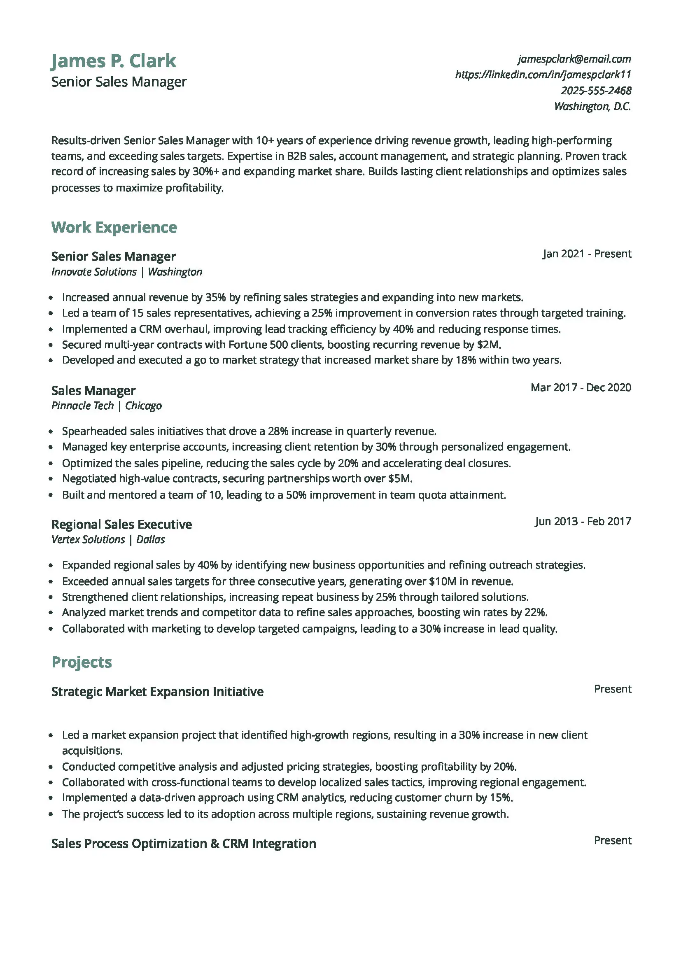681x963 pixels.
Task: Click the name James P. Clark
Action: [114, 61]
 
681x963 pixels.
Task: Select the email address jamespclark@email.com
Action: [574, 59]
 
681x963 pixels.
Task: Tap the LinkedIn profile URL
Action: [543, 75]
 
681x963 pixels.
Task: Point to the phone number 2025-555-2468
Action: [596, 91]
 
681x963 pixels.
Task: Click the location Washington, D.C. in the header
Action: [592, 107]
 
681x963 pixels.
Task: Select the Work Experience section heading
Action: [114, 227]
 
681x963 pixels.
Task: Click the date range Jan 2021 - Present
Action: [587, 254]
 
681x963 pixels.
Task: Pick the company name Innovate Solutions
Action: [94, 272]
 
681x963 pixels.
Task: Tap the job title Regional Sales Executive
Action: [121, 524]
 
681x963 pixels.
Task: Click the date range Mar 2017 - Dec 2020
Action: [581, 387]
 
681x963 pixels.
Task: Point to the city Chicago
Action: [143, 406]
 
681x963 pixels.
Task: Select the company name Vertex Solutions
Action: [88, 540]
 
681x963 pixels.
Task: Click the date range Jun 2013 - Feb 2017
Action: [583, 521]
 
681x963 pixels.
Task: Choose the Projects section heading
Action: [82, 662]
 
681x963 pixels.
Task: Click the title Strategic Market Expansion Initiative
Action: [157, 692]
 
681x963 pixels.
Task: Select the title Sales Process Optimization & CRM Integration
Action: [184, 844]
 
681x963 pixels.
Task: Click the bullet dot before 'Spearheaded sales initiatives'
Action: [51, 432]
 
